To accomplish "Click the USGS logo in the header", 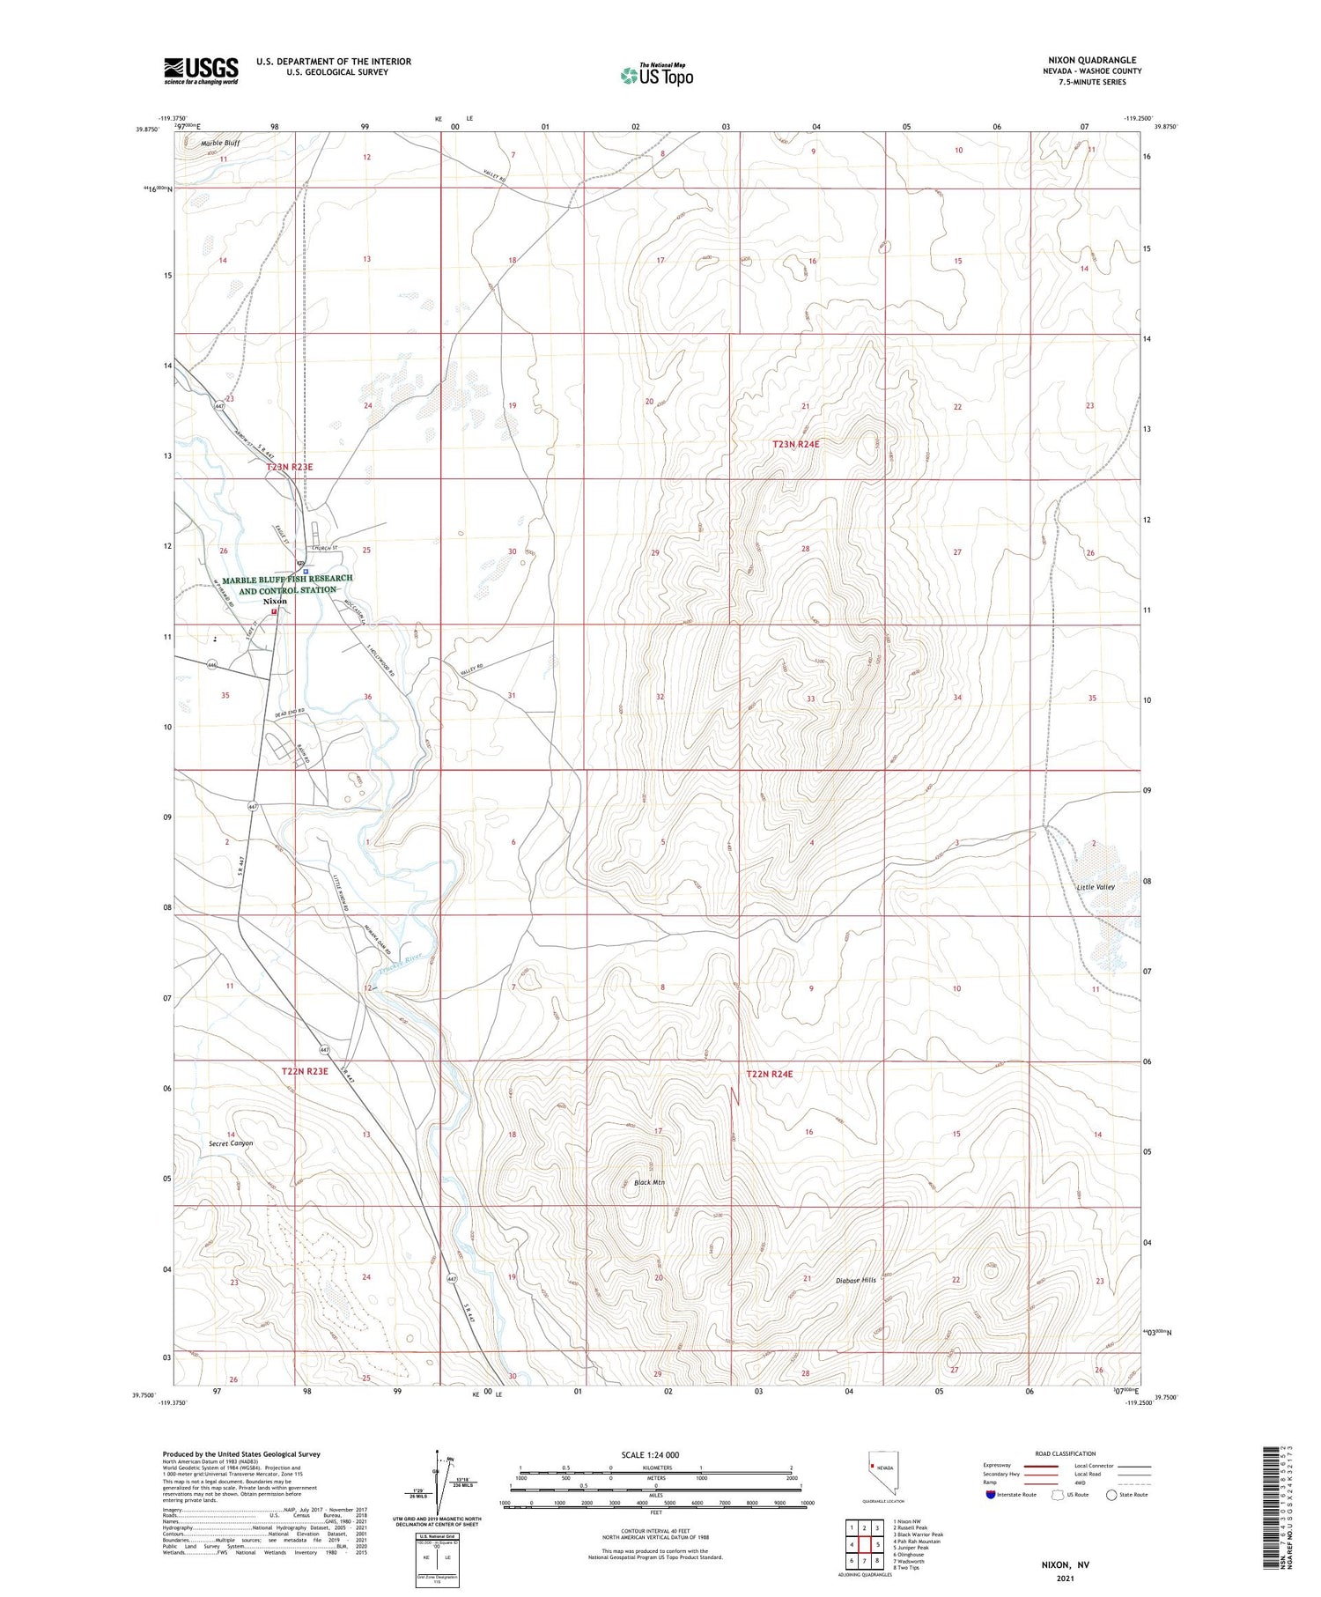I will pos(201,70).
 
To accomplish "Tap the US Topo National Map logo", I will pos(656,75).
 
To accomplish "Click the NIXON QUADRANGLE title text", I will pos(1091,60).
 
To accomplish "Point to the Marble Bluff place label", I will pos(219,143).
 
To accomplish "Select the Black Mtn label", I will pos(649,1182).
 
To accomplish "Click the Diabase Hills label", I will pos(856,1279).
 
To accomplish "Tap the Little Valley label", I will pos(1096,887).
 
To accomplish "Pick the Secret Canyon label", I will pos(231,1143).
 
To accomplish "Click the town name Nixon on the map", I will pos(275,601).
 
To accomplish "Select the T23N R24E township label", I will pos(796,445).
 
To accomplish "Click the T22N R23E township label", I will pos(305,1071).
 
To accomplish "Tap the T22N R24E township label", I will pos(770,1074).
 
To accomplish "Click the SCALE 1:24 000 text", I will pos(651,1454).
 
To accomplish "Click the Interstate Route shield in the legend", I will pos(991,1495).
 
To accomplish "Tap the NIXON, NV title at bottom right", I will pos(1065,1565).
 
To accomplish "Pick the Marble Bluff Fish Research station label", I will pos(287,584).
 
